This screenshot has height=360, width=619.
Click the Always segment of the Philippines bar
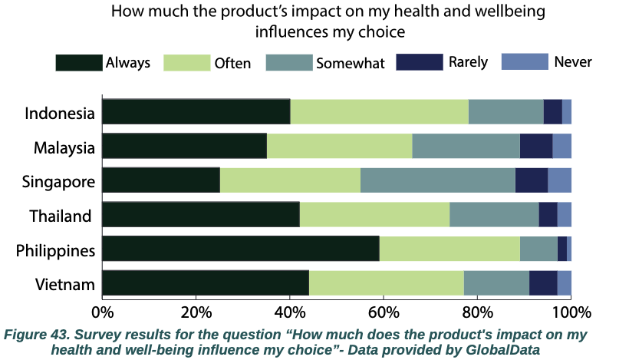[x=240, y=249]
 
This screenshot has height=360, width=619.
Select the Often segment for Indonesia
[x=379, y=112]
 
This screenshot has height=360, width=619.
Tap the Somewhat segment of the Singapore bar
[x=437, y=180]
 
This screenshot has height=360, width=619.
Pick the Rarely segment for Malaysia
[x=535, y=146]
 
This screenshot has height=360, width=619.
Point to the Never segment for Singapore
[x=559, y=180]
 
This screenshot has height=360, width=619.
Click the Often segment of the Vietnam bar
[x=386, y=283]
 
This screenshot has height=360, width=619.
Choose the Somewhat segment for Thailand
[x=494, y=214]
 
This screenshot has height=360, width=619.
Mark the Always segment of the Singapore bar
[x=160, y=180]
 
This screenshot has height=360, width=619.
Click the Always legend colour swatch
[x=78, y=63]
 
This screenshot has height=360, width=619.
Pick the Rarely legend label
[x=468, y=62]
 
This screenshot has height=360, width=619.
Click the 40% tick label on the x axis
[x=289, y=312]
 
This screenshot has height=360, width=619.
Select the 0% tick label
[x=102, y=312]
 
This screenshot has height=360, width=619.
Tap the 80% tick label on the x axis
[x=477, y=312]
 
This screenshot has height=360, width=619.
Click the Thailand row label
[x=61, y=216]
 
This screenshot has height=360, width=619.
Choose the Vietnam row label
[x=65, y=285]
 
